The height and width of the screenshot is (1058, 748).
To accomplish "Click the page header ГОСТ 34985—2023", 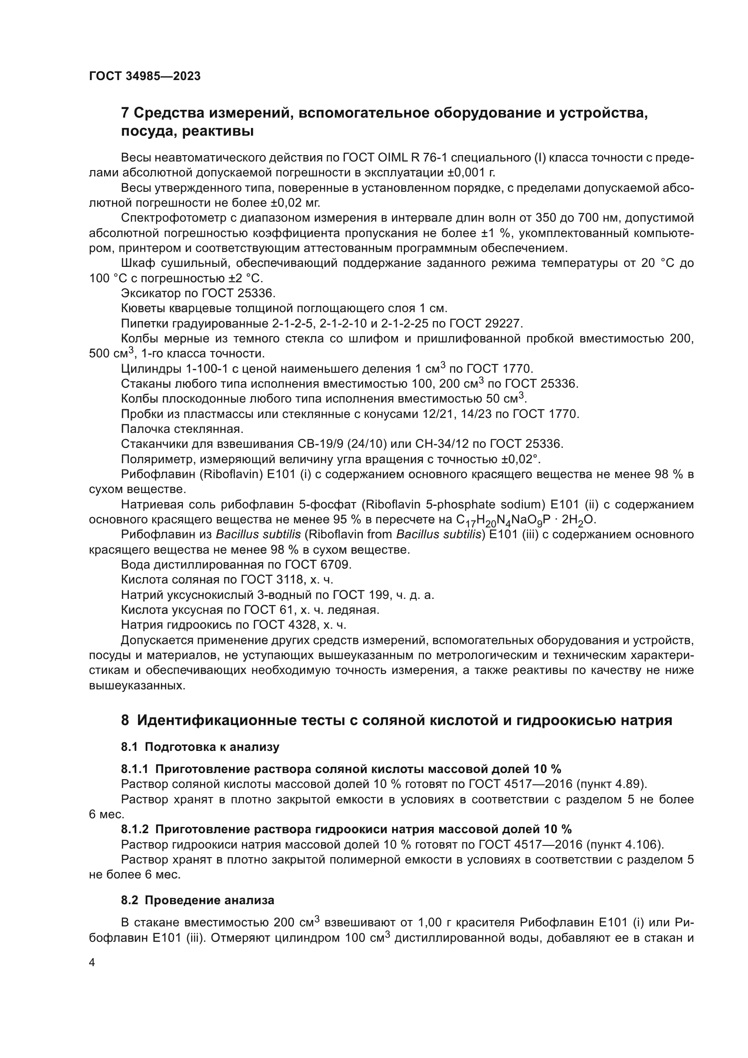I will pos(145,76).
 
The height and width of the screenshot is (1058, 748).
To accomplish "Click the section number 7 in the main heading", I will pos(125,113).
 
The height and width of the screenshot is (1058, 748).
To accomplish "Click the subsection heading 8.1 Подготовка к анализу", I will pos(200,747).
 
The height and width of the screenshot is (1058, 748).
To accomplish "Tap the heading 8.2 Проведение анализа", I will pos(198,900).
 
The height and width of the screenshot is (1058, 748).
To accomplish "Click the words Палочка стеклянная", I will pos(182,429).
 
